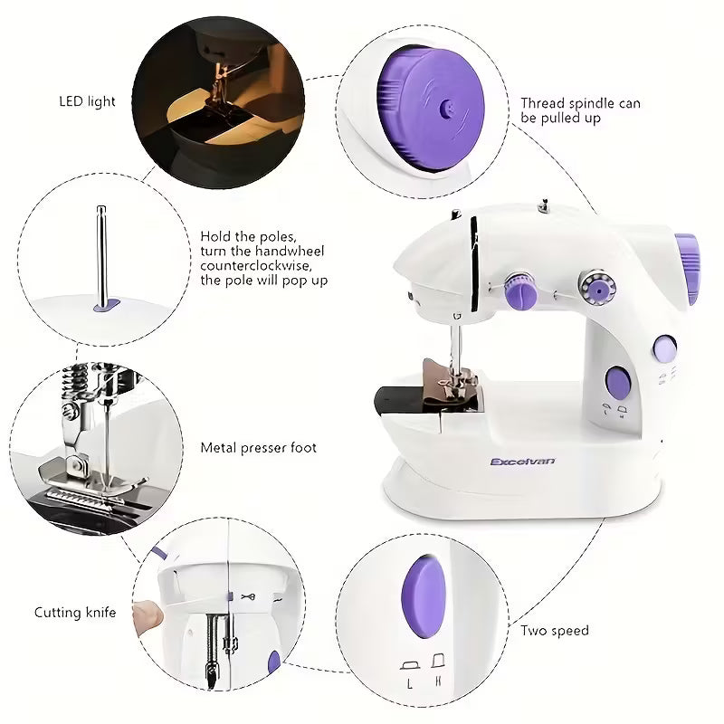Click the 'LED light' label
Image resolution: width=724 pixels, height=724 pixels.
pyautogui.click(x=88, y=101)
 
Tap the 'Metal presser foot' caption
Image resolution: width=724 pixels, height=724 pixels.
pyautogui.click(x=258, y=448)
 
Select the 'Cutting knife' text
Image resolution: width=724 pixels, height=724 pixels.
pyautogui.click(x=75, y=613)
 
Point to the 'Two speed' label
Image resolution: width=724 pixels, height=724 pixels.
pyautogui.click(x=555, y=630)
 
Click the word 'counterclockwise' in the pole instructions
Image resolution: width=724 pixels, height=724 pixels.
pyautogui.click(x=261, y=265)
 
